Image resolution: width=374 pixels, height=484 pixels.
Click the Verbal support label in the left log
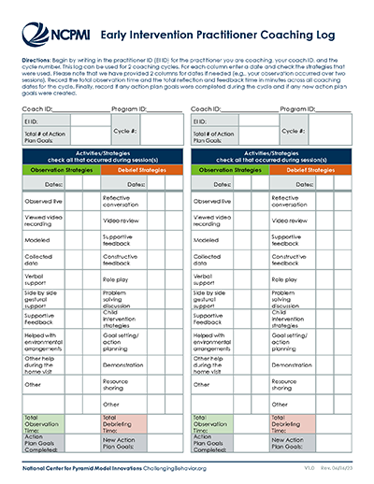[35, 279]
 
